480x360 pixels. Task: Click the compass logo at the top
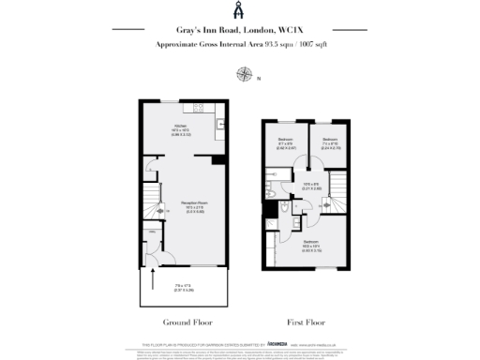point(240,10)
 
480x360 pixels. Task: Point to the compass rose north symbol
point(246,73)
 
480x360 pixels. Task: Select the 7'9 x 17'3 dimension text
point(182,285)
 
